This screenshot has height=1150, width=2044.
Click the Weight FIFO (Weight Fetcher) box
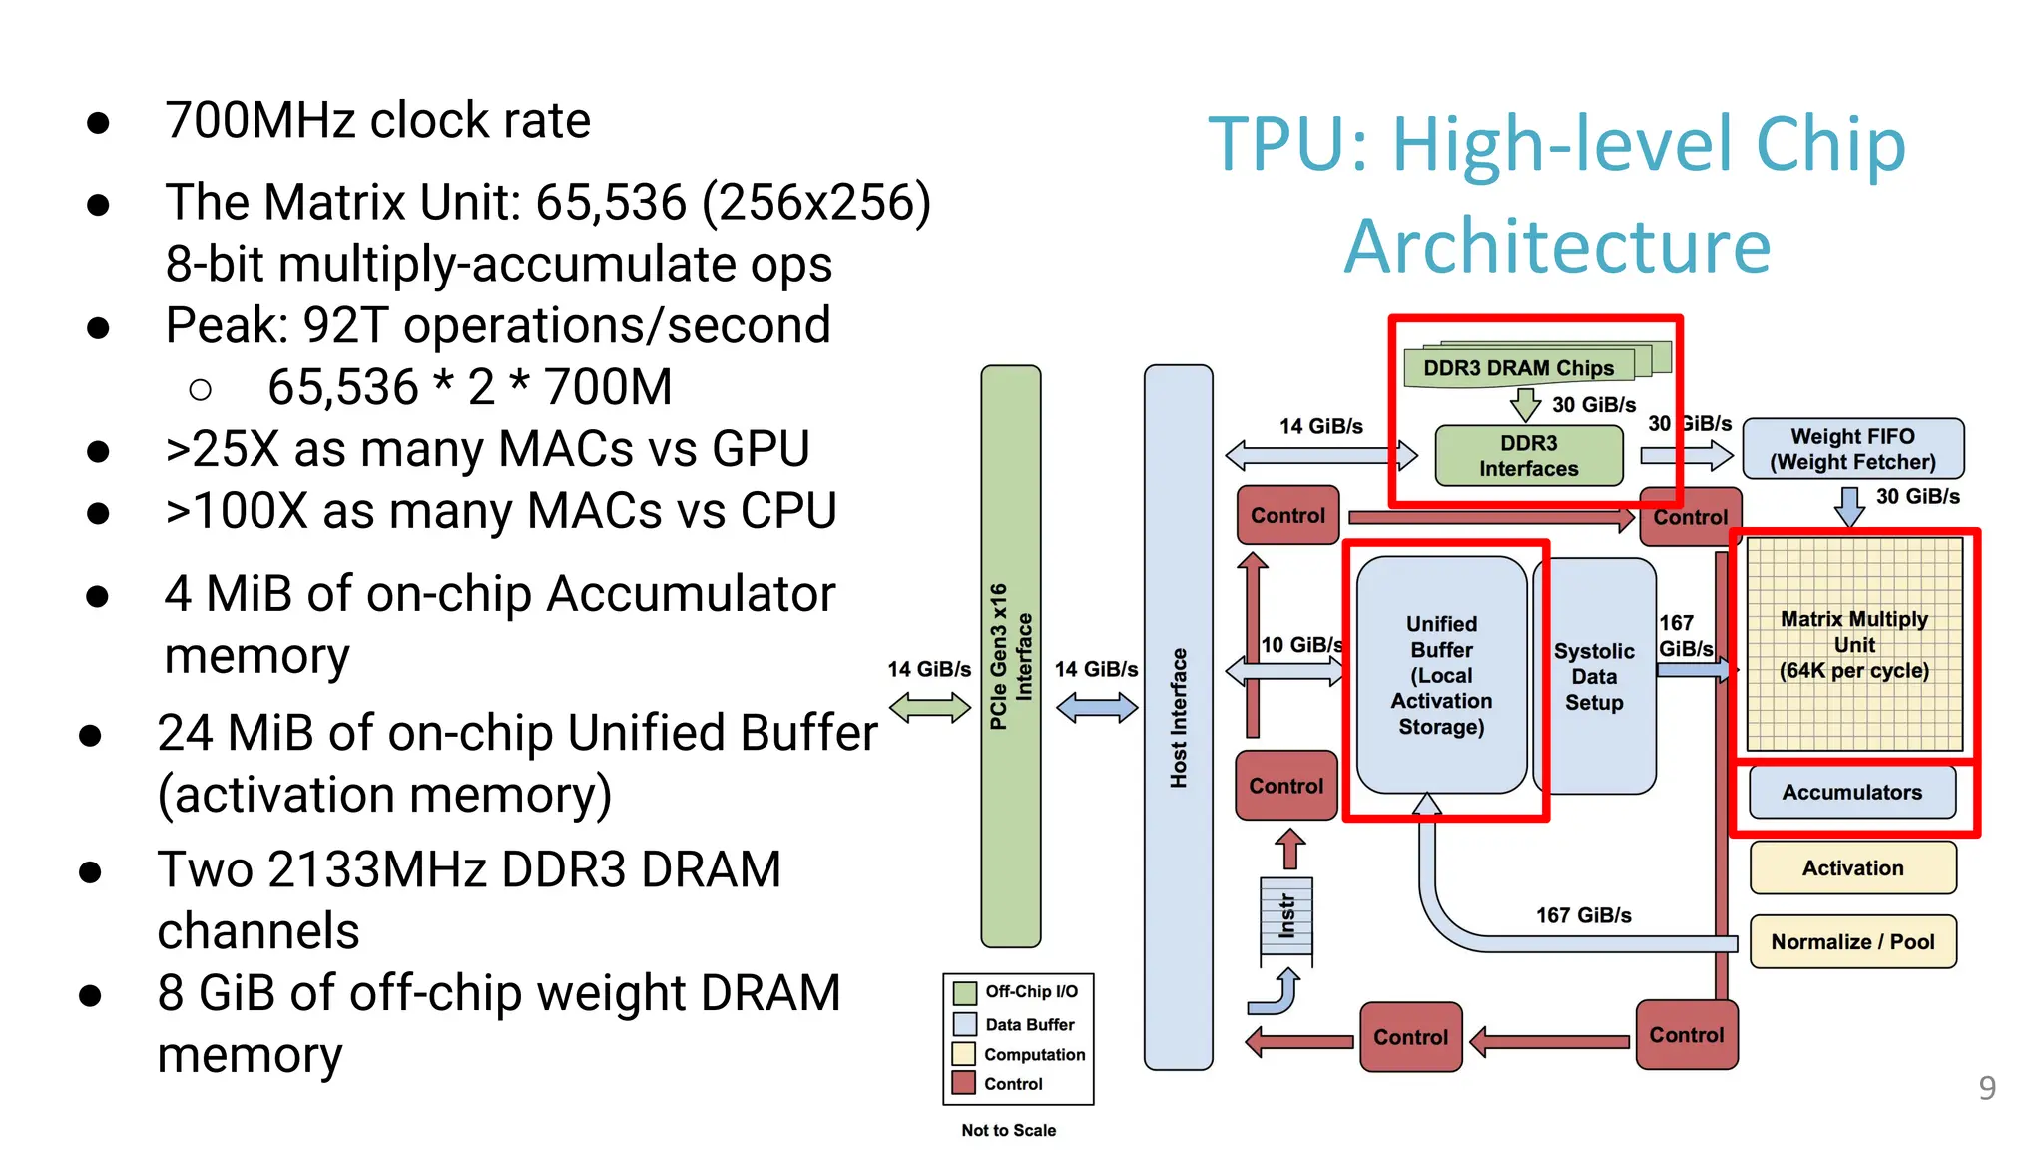[1852, 449]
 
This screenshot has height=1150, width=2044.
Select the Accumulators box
[1852, 792]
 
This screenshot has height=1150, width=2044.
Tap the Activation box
[1852, 867]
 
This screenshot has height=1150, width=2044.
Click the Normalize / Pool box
[1852, 941]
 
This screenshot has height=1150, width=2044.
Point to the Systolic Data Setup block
[1595, 676]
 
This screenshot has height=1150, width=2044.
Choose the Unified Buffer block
[1441, 675]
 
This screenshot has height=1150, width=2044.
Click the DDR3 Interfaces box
[1528, 456]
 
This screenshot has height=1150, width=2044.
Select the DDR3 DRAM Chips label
[1518, 368]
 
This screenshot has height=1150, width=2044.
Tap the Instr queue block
[1286, 916]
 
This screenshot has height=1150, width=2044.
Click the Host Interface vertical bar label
[1179, 717]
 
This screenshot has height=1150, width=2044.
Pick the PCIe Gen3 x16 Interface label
[1011, 656]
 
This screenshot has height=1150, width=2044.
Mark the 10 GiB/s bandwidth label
[1300, 645]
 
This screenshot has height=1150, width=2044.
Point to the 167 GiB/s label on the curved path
[1583, 915]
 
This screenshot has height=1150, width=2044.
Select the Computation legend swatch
[963, 1054]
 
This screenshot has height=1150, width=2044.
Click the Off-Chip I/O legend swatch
[964, 992]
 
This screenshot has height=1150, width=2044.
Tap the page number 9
[1986, 1087]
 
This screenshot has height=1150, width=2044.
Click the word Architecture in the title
[1557, 246]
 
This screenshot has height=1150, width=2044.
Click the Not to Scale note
[1008, 1130]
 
